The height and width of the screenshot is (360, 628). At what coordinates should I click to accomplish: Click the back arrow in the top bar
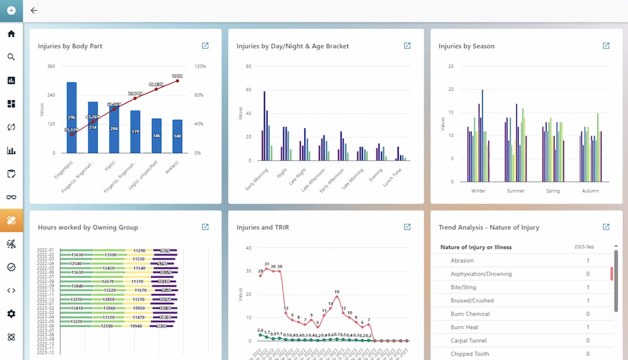[x=34, y=11]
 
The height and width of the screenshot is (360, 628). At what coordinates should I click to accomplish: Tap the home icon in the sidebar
[x=11, y=34]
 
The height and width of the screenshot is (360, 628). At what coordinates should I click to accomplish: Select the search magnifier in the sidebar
[x=11, y=57]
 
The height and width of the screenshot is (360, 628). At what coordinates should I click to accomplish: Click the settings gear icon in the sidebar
[x=11, y=314]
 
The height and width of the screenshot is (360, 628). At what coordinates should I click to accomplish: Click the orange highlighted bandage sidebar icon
[x=11, y=221]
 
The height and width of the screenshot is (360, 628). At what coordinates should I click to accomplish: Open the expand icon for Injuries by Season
[x=606, y=46]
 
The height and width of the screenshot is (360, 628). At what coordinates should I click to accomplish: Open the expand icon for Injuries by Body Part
[x=205, y=46]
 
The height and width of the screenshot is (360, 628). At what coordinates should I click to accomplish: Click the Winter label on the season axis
[x=479, y=191]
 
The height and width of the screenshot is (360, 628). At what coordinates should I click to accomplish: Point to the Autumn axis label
[x=590, y=191]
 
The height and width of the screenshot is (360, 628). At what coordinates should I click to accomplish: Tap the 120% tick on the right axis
[x=200, y=66]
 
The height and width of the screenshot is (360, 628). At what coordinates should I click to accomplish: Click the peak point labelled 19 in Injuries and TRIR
[x=337, y=297]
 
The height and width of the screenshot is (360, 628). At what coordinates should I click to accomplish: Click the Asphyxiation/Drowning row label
[x=481, y=274]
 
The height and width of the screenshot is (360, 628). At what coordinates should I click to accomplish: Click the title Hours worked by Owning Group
[x=88, y=227]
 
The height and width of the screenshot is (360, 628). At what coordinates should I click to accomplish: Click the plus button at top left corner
[x=11, y=11]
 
